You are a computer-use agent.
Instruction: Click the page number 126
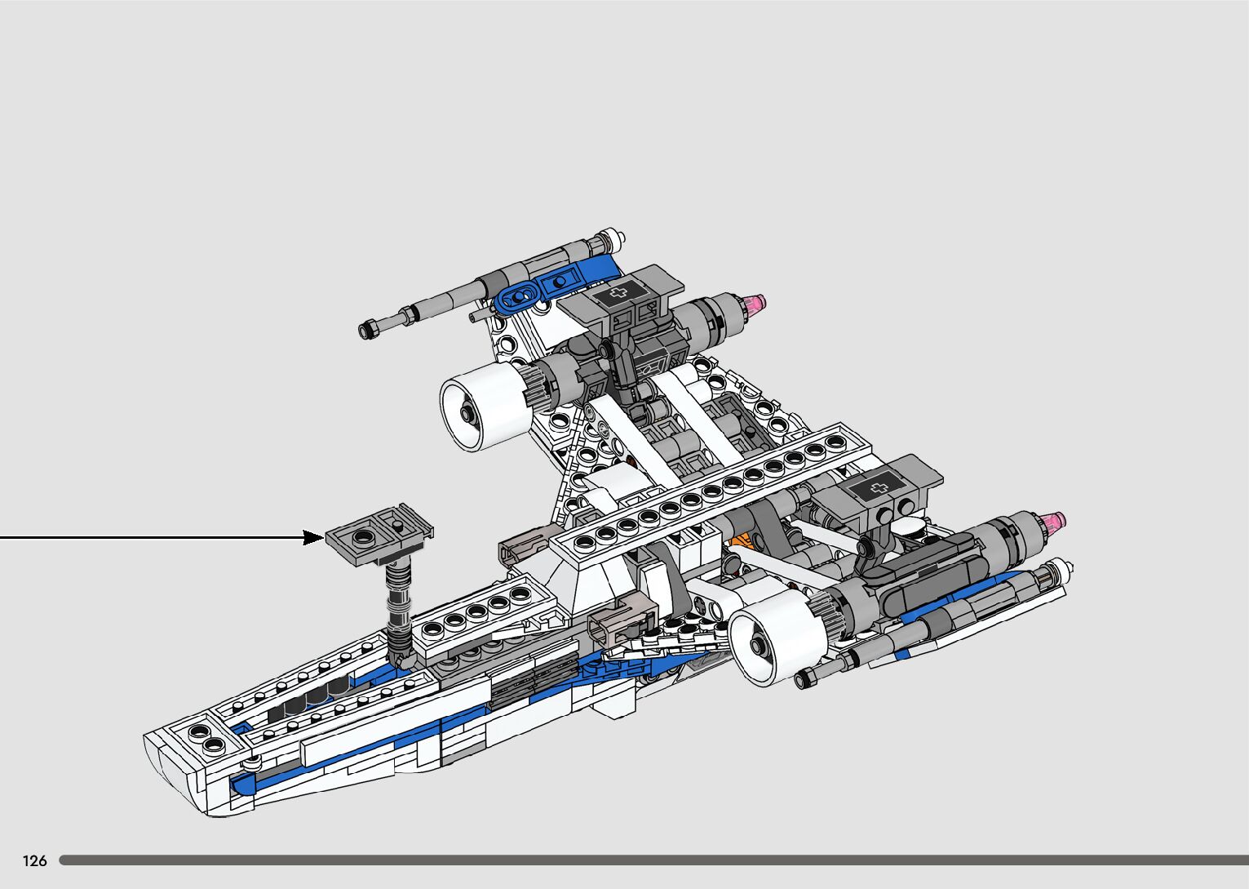pos(34,860)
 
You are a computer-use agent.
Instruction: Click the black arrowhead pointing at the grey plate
pos(313,538)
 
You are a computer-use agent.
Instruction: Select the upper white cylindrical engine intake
pos(485,407)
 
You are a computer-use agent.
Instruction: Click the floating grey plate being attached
pos(379,534)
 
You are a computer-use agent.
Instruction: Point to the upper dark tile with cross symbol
pos(620,293)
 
